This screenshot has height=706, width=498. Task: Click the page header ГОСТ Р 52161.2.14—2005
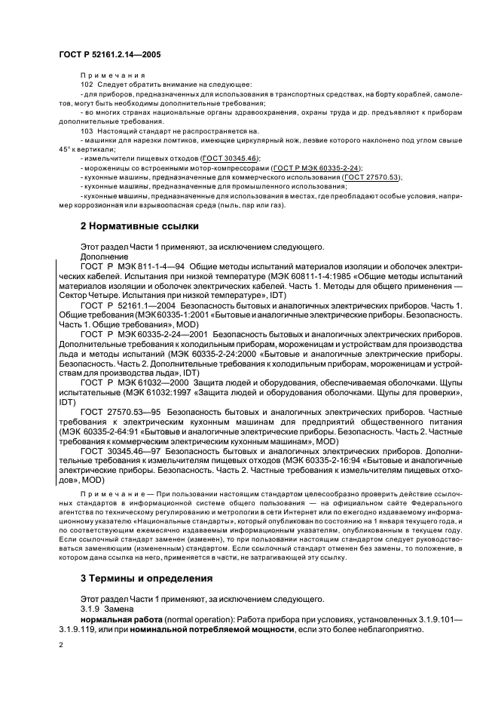click(x=109, y=54)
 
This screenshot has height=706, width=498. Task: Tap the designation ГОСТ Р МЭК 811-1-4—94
click(x=132, y=267)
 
